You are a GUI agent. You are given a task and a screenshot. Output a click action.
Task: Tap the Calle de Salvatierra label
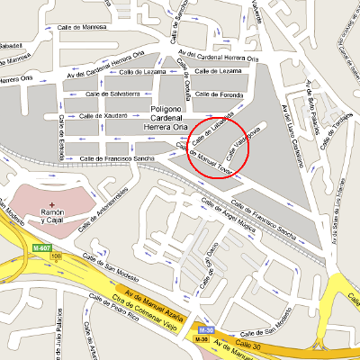click(x=112, y=93)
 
